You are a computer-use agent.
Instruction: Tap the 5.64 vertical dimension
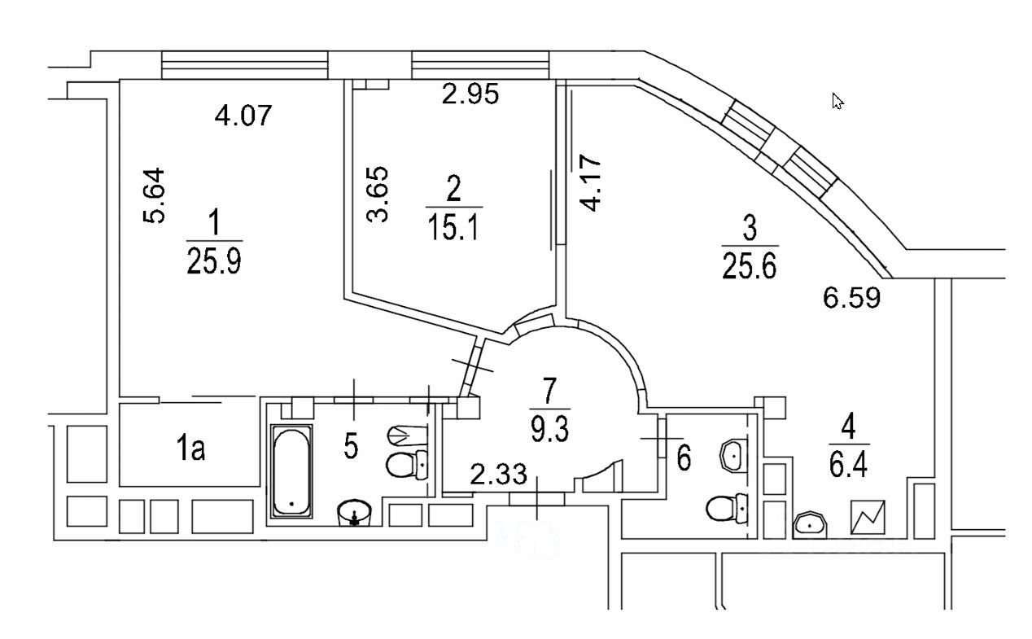[x=154, y=195]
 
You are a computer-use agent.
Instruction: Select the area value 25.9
[x=214, y=260]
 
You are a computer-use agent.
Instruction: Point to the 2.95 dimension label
[x=470, y=94]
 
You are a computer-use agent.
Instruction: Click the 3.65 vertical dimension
[x=378, y=194]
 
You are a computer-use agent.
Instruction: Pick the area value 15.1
[x=454, y=228]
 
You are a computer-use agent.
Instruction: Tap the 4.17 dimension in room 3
[x=590, y=183]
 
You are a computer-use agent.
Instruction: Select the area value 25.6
[x=750, y=266]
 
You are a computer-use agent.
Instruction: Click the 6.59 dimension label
[x=851, y=298]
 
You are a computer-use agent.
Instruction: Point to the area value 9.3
[x=549, y=429]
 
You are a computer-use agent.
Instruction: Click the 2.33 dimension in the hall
[x=498, y=474]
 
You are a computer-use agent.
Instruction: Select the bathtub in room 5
[x=291, y=470]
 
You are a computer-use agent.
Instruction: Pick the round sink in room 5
[x=354, y=512]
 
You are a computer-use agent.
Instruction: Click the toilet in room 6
[x=727, y=508]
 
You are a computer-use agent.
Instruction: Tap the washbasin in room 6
[x=733, y=455]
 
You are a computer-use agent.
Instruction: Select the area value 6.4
[x=849, y=465]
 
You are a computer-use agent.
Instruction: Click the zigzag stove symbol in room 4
[x=868, y=518]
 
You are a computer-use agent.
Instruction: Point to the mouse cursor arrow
[x=837, y=101]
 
